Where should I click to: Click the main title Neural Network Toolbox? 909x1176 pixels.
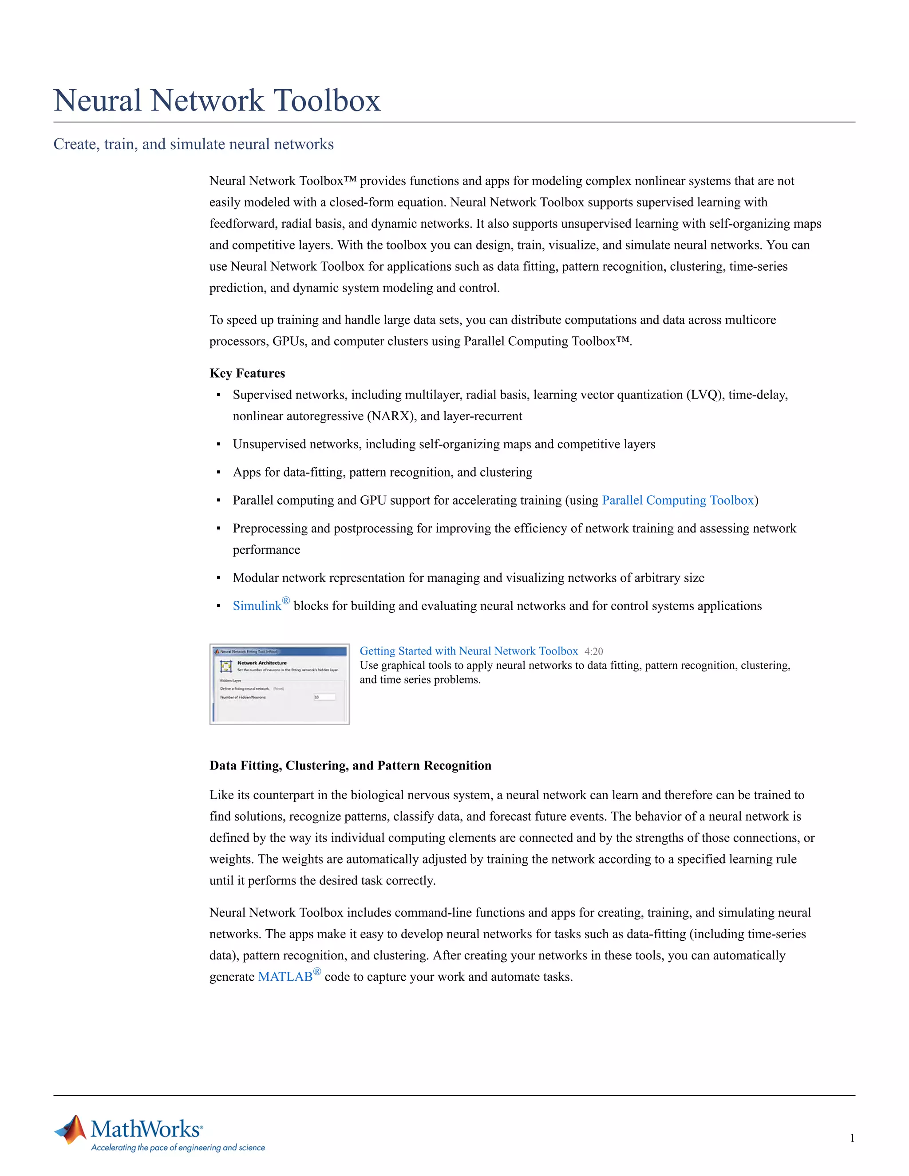coord(217,101)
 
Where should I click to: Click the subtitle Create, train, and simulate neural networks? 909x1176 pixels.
coord(194,144)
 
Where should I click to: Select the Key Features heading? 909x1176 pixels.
coord(247,373)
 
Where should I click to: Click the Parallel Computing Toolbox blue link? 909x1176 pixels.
coord(677,500)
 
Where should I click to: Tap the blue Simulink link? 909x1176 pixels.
coord(257,606)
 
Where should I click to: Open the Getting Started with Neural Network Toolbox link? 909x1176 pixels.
coord(469,651)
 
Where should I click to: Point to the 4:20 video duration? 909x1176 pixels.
coord(593,651)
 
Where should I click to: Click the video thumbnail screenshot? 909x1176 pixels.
coord(280,684)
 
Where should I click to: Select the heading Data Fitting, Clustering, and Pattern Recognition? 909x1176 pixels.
coord(350,766)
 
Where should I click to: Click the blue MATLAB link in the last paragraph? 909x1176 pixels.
coord(285,977)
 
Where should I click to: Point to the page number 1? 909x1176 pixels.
coord(852,1138)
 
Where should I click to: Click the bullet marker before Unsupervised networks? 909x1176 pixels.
coord(219,445)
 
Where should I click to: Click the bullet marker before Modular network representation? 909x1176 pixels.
coord(219,578)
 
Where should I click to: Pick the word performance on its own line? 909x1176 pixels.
coord(266,550)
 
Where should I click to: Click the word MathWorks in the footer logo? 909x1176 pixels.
coord(146,1129)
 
